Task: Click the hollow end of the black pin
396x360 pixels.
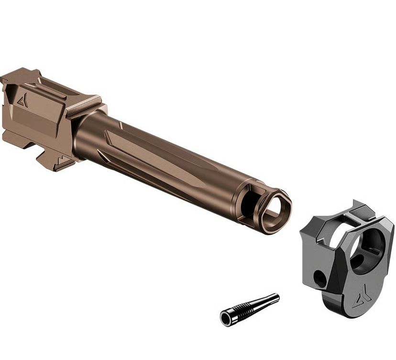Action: [x=226, y=318]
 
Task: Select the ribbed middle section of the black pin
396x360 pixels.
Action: [x=247, y=309]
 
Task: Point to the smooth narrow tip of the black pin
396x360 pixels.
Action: [x=270, y=300]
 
